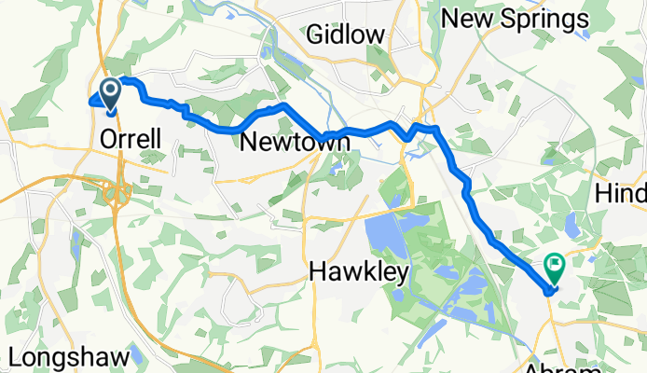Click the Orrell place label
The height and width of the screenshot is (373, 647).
click(x=131, y=140)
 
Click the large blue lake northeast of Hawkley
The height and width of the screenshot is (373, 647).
click(x=383, y=233)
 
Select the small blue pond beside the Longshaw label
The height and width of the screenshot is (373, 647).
click(x=136, y=354)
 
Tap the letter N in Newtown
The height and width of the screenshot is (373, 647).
click(x=248, y=143)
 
